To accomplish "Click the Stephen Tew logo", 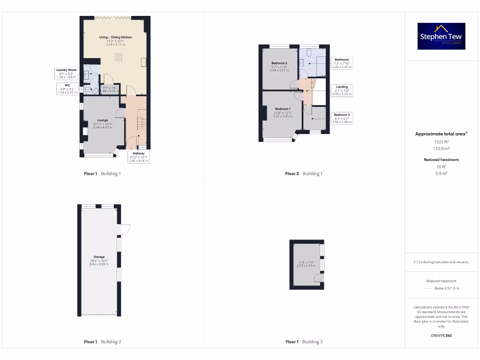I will point(442,36).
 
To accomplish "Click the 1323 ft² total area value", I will point(441,141).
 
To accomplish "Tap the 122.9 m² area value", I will point(441,149).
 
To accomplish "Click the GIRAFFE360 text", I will point(441,336).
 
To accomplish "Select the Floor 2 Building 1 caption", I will point(304,173).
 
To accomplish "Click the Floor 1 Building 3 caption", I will point(304,342).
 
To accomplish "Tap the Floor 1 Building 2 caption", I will point(102,342).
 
